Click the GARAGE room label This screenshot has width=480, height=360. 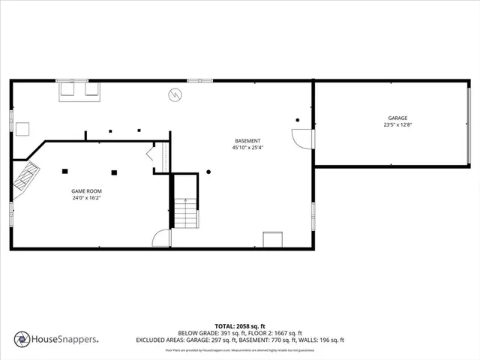coord(397,118)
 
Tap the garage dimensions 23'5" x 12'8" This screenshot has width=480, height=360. coord(397,125)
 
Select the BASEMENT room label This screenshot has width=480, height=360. coord(247,141)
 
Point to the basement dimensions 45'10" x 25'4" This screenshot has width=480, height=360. coord(247,148)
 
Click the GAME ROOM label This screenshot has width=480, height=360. coord(87,191)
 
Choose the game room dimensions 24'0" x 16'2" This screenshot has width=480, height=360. coord(87,199)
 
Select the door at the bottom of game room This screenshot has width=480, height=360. coord(161,238)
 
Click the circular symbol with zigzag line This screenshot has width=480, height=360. coord(175,95)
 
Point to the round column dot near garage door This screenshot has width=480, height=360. coord(298,120)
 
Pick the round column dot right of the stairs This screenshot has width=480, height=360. coord(208,172)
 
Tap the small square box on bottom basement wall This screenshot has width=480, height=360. coord(272,239)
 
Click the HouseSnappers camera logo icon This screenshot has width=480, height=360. coord(22,339)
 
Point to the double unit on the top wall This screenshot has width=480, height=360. coord(80,89)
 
